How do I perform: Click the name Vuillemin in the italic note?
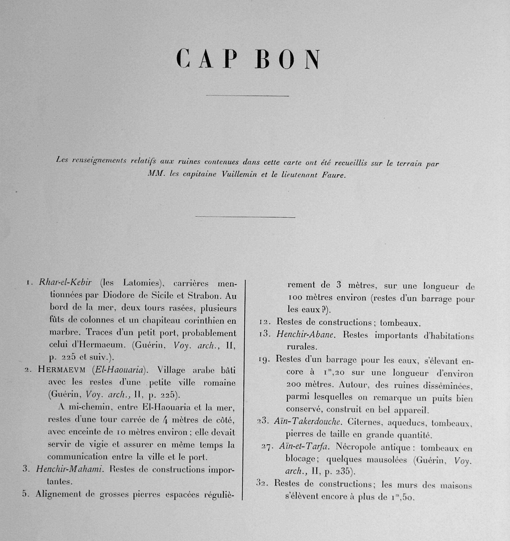pyautogui.click(x=239, y=175)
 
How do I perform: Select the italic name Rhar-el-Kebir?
pyautogui.click(x=65, y=282)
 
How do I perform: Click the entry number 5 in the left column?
pyautogui.click(x=25, y=493)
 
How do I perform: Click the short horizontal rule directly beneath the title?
pyautogui.click(x=247, y=96)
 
